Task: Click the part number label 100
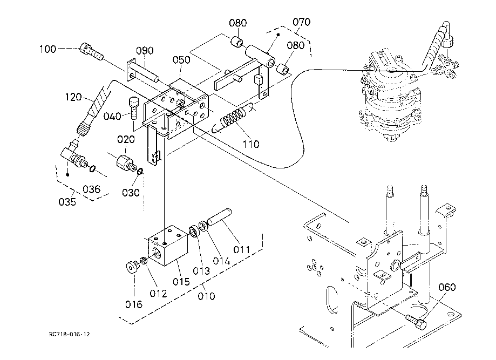(x=48, y=49)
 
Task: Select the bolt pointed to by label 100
(x=91, y=52)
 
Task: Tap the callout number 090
(x=145, y=51)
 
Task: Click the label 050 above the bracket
(x=181, y=60)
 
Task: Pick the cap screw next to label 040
(x=133, y=108)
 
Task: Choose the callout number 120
(x=73, y=97)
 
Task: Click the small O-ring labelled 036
(x=92, y=169)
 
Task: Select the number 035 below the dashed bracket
(x=67, y=201)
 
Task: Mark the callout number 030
(x=131, y=192)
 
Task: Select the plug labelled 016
(x=133, y=267)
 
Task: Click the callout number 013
(x=201, y=271)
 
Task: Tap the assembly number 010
(x=206, y=296)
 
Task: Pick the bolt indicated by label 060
(x=416, y=322)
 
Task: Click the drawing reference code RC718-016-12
(x=69, y=335)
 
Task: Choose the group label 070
(x=301, y=22)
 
